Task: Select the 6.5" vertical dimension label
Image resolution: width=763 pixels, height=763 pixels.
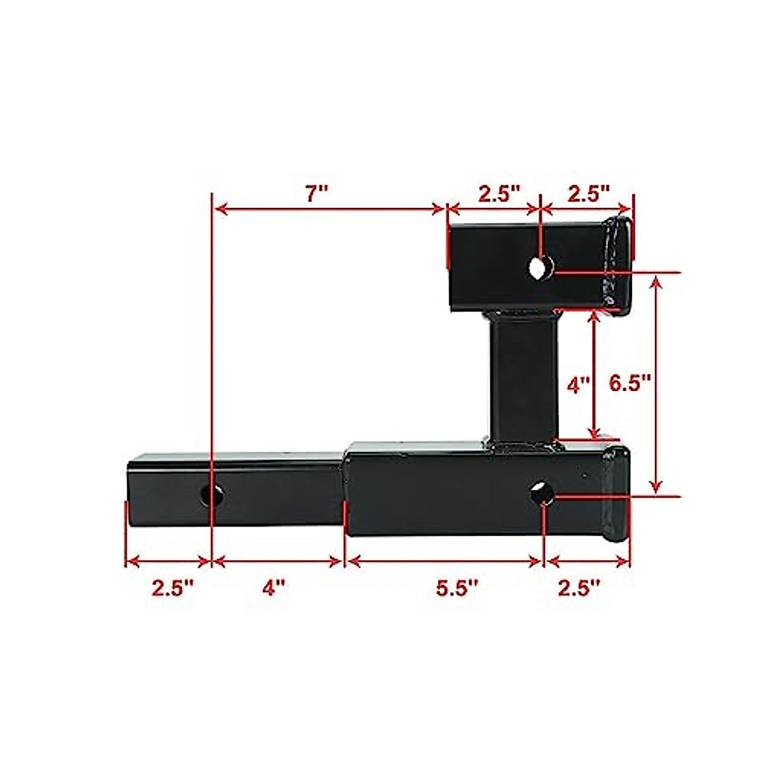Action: [630, 383]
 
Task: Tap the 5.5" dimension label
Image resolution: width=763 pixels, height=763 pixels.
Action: [456, 588]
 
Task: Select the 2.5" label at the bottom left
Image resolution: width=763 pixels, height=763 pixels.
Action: [172, 588]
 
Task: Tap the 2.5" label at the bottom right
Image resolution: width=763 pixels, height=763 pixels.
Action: [579, 588]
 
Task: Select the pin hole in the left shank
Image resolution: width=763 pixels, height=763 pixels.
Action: [212, 495]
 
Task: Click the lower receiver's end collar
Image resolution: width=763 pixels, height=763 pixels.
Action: [615, 495]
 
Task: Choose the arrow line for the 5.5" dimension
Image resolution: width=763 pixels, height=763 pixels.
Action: [445, 561]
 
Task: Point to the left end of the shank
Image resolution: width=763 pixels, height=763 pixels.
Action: [130, 490]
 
